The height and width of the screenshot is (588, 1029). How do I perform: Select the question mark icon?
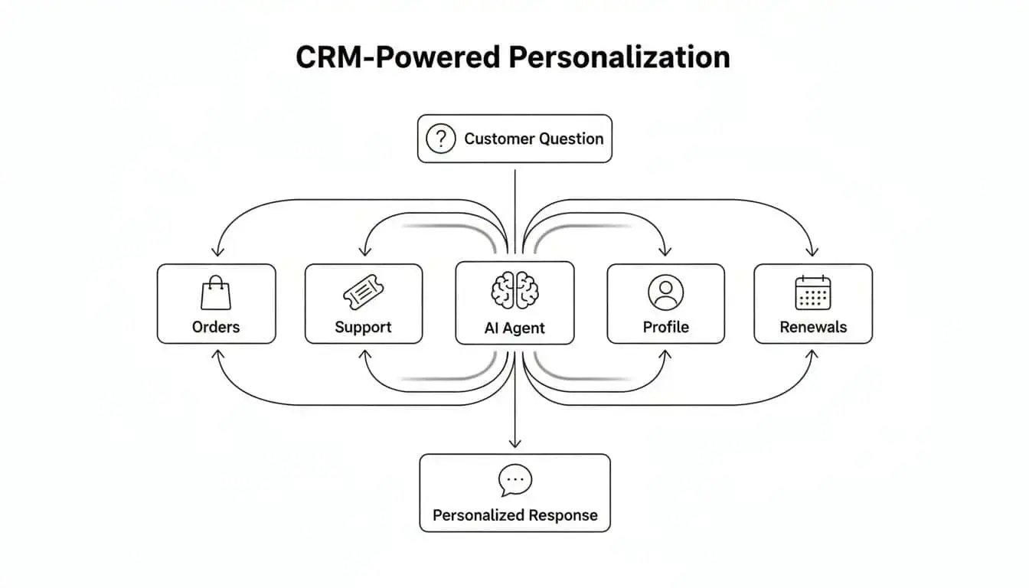440,139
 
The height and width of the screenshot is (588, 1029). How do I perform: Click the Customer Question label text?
534,139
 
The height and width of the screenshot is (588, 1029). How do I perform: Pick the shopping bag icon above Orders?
215,293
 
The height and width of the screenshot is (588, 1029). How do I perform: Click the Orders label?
216,327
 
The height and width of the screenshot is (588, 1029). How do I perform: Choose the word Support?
363,327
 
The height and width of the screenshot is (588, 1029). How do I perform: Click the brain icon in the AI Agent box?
514,292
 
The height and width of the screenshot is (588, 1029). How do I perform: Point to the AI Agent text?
514,328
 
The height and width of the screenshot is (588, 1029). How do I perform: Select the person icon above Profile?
665,292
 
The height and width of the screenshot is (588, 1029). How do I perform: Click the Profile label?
665,327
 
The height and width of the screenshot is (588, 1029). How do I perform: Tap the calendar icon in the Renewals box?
812,292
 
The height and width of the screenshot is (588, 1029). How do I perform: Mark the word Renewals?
813,327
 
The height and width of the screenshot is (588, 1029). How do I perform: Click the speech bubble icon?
514,481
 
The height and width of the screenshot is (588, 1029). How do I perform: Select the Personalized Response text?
514,515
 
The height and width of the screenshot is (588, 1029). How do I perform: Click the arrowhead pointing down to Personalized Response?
514,442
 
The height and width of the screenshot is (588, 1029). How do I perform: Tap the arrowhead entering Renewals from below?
812,354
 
